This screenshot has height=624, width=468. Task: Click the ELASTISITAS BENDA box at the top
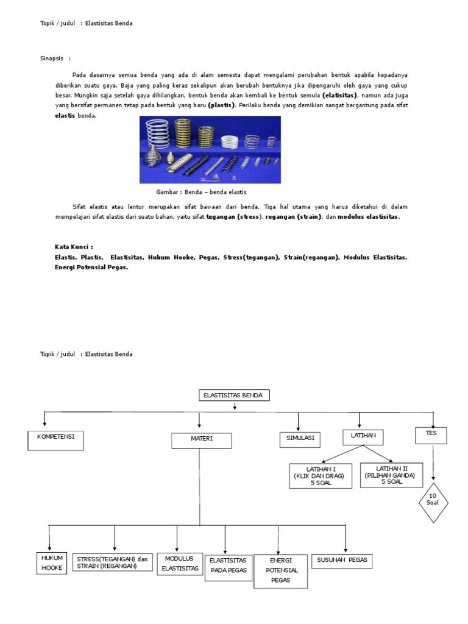click(234, 395)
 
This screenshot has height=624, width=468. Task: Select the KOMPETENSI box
click(55, 440)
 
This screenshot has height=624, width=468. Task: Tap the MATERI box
click(201, 441)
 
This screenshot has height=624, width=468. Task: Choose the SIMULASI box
click(300, 438)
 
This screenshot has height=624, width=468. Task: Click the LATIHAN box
click(363, 436)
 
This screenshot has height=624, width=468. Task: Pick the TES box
click(431, 435)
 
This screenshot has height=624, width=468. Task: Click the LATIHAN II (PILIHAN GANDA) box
click(392, 474)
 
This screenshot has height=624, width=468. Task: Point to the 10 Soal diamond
click(433, 503)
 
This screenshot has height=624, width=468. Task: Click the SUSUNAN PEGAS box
click(342, 561)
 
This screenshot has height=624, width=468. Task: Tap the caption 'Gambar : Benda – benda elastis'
click(201, 191)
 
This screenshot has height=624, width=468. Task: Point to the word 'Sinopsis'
click(52, 58)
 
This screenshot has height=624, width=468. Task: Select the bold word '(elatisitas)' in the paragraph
click(340, 96)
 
